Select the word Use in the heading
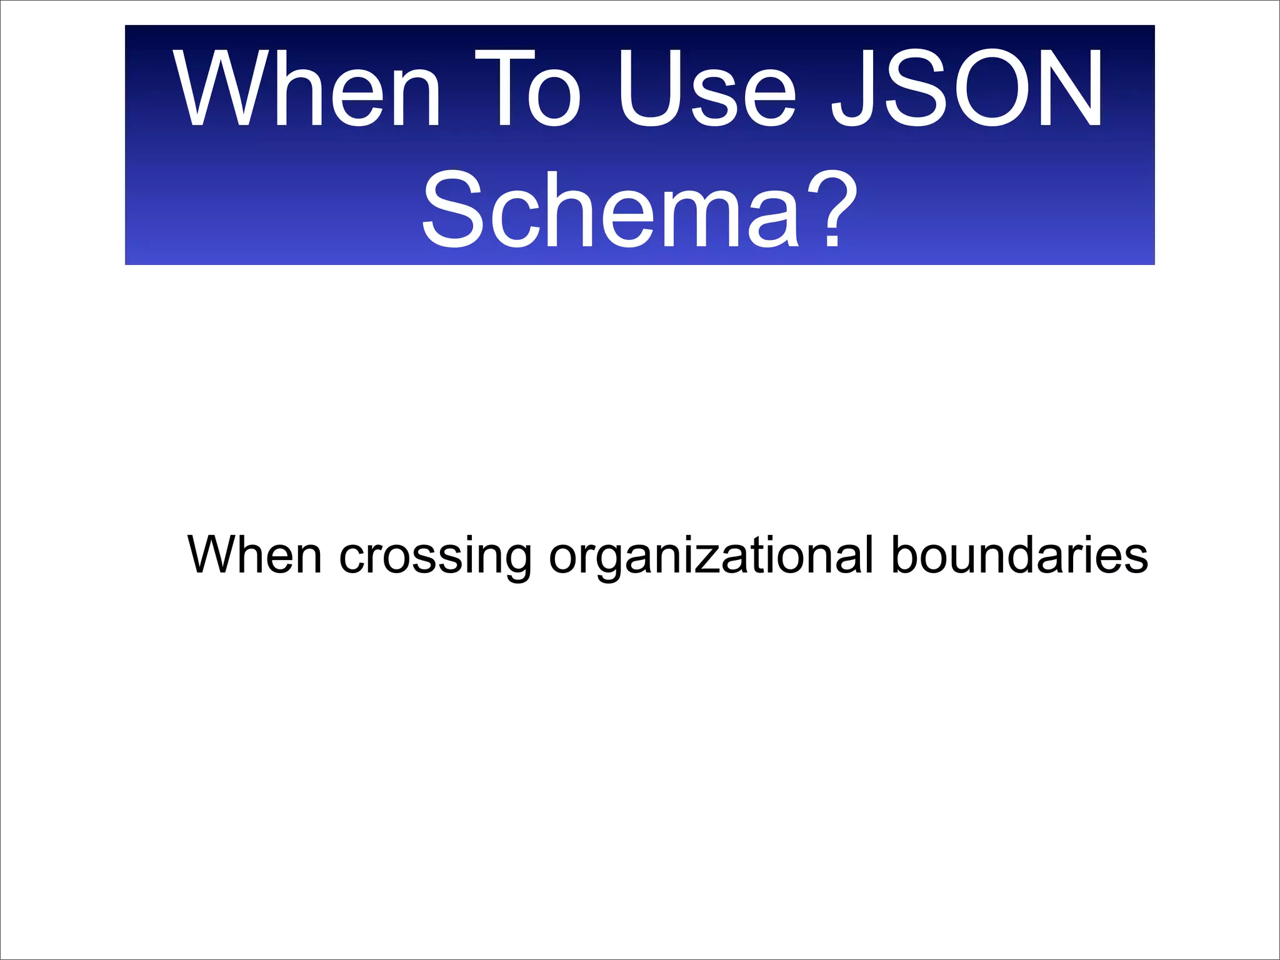pos(706,89)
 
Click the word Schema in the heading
pos(610,210)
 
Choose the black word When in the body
pos(254,555)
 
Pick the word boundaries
pos(1019,555)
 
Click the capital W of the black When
pos(215,555)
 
